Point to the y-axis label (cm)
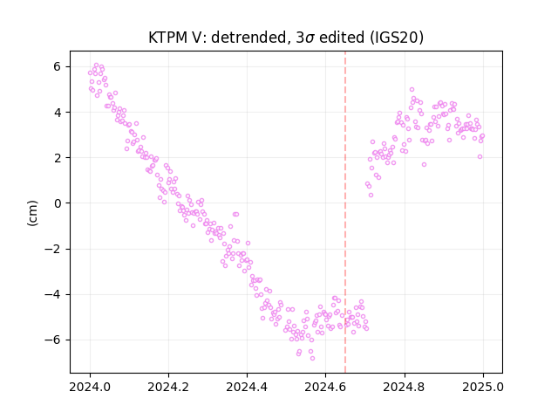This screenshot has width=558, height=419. pyautogui.click(x=32, y=213)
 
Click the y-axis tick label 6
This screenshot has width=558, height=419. pyautogui.click(x=57, y=66)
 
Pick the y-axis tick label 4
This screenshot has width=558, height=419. pyautogui.click(x=57, y=113)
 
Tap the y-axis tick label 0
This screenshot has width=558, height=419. pyautogui.click(x=57, y=203)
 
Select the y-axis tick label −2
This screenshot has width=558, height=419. pyautogui.click(x=52, y=249)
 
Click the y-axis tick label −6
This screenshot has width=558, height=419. pyautogui.click(x=52, y=340)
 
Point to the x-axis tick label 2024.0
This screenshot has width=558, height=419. pyautogui.click(x=90, y=387)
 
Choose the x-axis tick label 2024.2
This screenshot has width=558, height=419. pyautogui.click(x=168, y=387)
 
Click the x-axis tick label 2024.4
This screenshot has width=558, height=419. pyautogui.click(x=247, y=387)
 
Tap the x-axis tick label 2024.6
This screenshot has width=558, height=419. pyautogui.click(x=325, y=387)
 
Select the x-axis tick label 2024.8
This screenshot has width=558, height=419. pyautogui.click(x=404, y=387)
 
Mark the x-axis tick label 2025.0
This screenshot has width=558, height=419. pyautogui.click(x=483, y=387)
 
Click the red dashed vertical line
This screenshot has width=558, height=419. pyautogui.click(x=345, y=212)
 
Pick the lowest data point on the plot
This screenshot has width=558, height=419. pyautogui.click(x=312, y=358)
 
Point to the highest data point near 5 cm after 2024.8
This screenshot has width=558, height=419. pyautogui.click(x=412, y=89)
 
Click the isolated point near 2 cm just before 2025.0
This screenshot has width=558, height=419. pyautogui.click(x=480, y=157)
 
